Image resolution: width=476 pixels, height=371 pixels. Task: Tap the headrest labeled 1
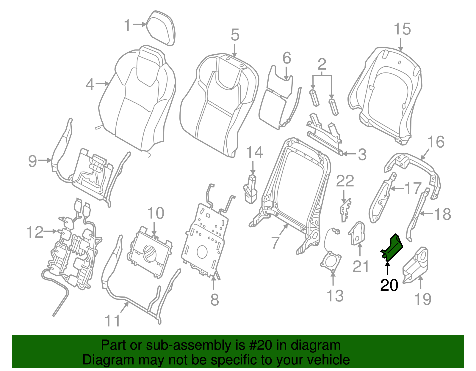point(161,29)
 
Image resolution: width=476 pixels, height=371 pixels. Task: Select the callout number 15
point(402,29)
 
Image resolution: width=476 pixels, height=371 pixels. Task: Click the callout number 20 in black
point(389,285)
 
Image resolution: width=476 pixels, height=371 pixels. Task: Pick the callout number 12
point(35,232)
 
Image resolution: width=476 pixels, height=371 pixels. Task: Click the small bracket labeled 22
point(345,210)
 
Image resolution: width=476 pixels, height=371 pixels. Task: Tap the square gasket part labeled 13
point(331,261)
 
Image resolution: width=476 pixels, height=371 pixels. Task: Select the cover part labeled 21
point(357,233)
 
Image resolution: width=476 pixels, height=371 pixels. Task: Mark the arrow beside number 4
point(103,84)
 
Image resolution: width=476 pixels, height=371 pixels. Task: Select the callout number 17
point(413,188)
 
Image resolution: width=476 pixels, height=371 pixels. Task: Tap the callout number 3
point(362,154)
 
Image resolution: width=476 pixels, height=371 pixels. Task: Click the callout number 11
point(113,321)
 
